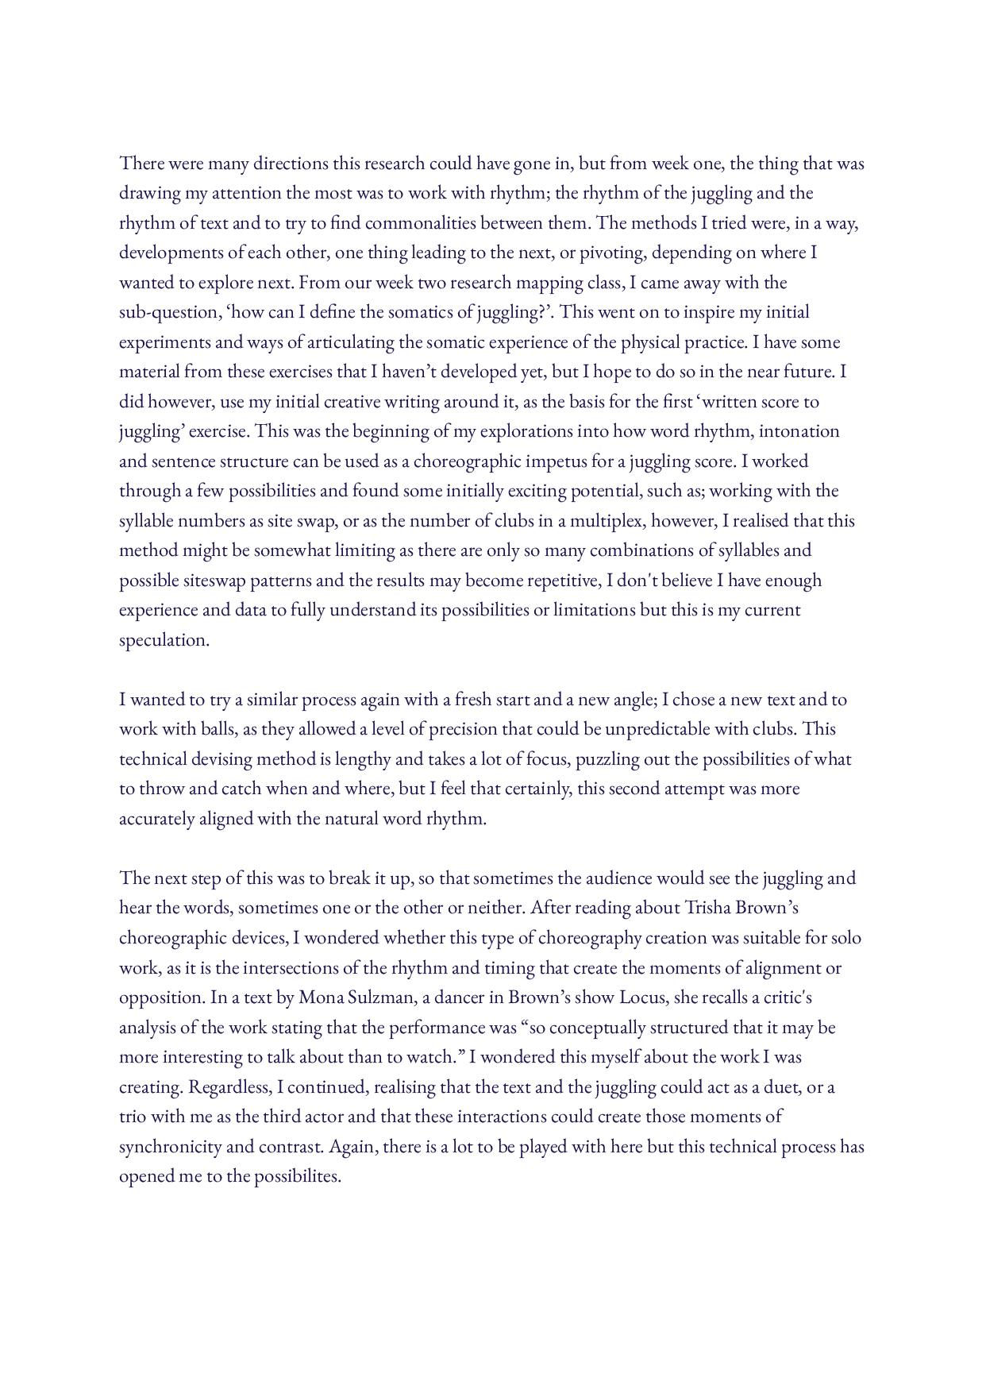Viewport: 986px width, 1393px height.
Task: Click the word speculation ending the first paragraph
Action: click(163, 640)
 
